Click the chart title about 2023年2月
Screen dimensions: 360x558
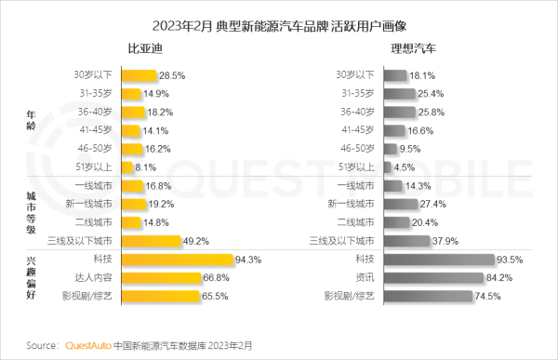point(278,19)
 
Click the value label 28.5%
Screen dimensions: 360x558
point(171,74)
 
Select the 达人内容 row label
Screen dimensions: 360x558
point(93,278)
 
